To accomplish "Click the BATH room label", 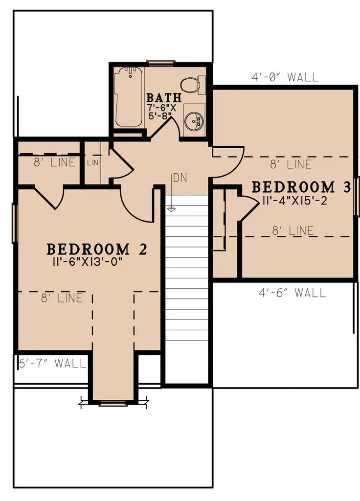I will coord(164,97).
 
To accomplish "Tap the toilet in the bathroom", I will coord(191,85).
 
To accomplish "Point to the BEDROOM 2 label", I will coord(97,249).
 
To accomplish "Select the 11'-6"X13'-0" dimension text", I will coord(88,261).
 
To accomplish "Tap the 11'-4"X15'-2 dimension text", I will coord(294,201).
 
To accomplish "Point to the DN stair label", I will coord(180,178).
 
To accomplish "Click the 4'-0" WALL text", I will coord(285,77).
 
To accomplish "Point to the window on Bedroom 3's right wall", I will coord(358,196).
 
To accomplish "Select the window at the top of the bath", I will coord(161,63).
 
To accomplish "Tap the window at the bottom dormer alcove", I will coord(113,404).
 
